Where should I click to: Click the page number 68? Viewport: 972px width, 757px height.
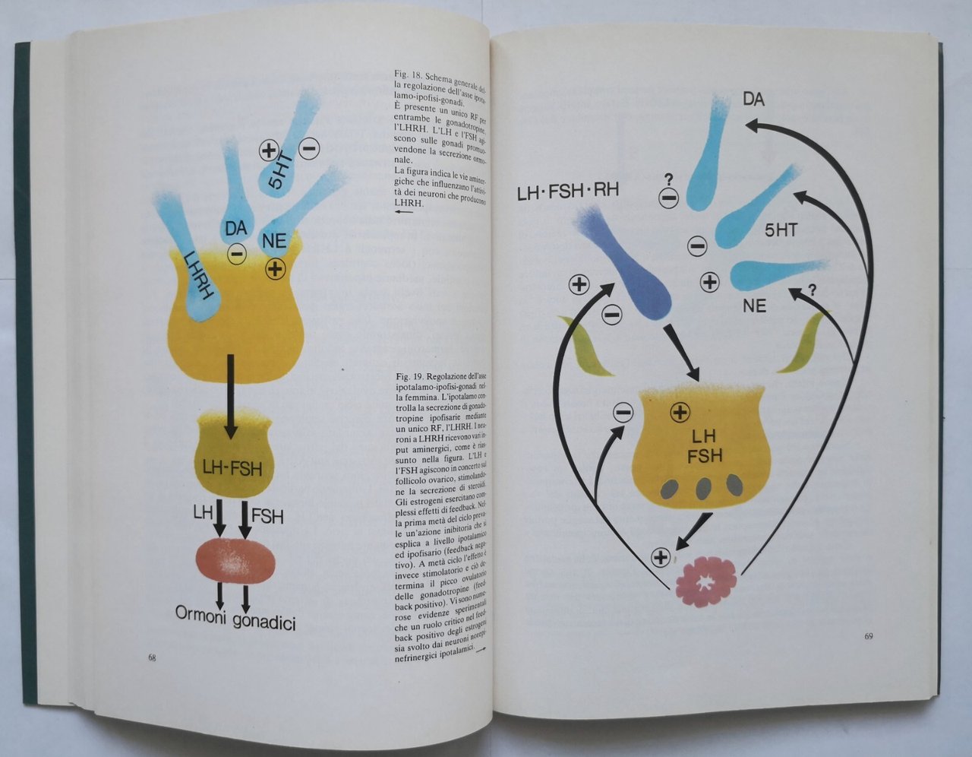153,657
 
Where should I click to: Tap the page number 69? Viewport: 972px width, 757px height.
868,635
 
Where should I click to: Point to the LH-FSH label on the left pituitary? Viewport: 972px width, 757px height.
232,468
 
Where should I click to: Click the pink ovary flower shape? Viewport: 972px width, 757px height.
705,582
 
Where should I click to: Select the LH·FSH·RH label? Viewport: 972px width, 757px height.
567,191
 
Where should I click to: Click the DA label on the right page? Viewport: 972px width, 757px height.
753,99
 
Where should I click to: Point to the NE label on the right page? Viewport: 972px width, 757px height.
755,306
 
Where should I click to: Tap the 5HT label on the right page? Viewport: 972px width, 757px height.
781,229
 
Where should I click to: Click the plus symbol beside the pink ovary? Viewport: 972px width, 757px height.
661,557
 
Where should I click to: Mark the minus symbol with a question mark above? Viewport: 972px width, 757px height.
668,199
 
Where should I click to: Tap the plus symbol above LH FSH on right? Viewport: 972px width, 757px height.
680,413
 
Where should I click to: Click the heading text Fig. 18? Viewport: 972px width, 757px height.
409,77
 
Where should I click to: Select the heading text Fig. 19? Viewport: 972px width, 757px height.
410,376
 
